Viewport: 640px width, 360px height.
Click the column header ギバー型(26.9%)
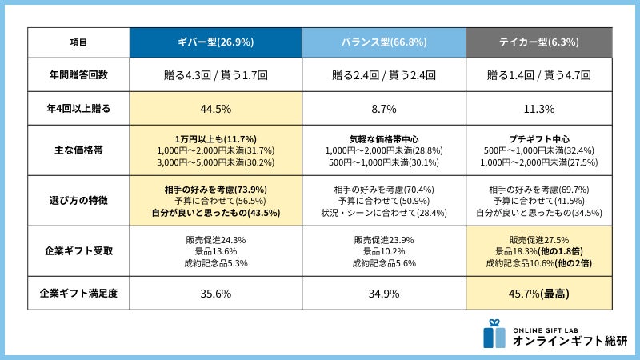(x=216, y=42)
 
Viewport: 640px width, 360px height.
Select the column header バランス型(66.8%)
(x=384, y=42)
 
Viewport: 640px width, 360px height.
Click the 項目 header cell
(x=78, y=42)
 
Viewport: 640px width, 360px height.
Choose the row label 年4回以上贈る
(x=78, y=108)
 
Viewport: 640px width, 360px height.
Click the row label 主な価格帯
(x=78, y=150)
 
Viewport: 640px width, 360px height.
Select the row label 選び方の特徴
(x=78, y=201)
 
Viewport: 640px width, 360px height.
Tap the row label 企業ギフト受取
(x=78, y=250)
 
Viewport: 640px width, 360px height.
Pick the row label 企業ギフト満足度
(x=78, y=293)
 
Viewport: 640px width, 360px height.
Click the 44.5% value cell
(x=216, y=109)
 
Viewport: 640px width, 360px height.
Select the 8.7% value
(x=384, y=109)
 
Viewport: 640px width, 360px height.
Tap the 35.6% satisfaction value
(x=216, y=294)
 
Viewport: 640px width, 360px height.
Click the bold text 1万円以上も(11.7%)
(x=216, y=138)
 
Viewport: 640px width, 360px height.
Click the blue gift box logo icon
(x=494, y=334)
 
